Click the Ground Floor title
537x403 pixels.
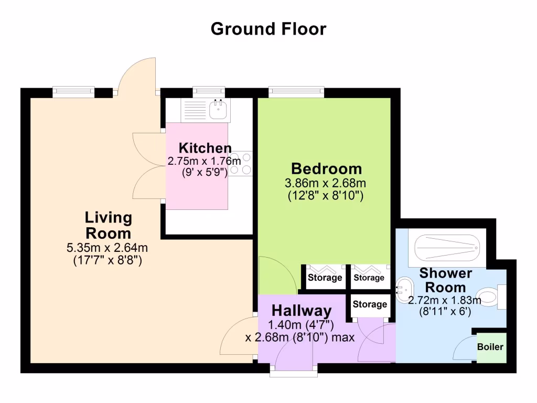(x=268, y=28)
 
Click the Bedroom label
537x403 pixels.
(x=326, y=169)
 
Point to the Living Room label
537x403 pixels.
(x=109, y=225)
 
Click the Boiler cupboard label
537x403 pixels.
(x=490, y=347)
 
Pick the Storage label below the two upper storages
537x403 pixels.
(x=370, y=304)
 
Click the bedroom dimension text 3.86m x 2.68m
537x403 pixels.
(x=325, y=184)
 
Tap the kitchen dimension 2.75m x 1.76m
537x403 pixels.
(x=204, y=162)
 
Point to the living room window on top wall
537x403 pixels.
(x=74, y=92)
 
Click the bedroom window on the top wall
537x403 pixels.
(x=296, y=92)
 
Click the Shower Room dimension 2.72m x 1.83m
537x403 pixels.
(x=445, y=301)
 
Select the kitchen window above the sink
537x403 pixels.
(x=209, y=92)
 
